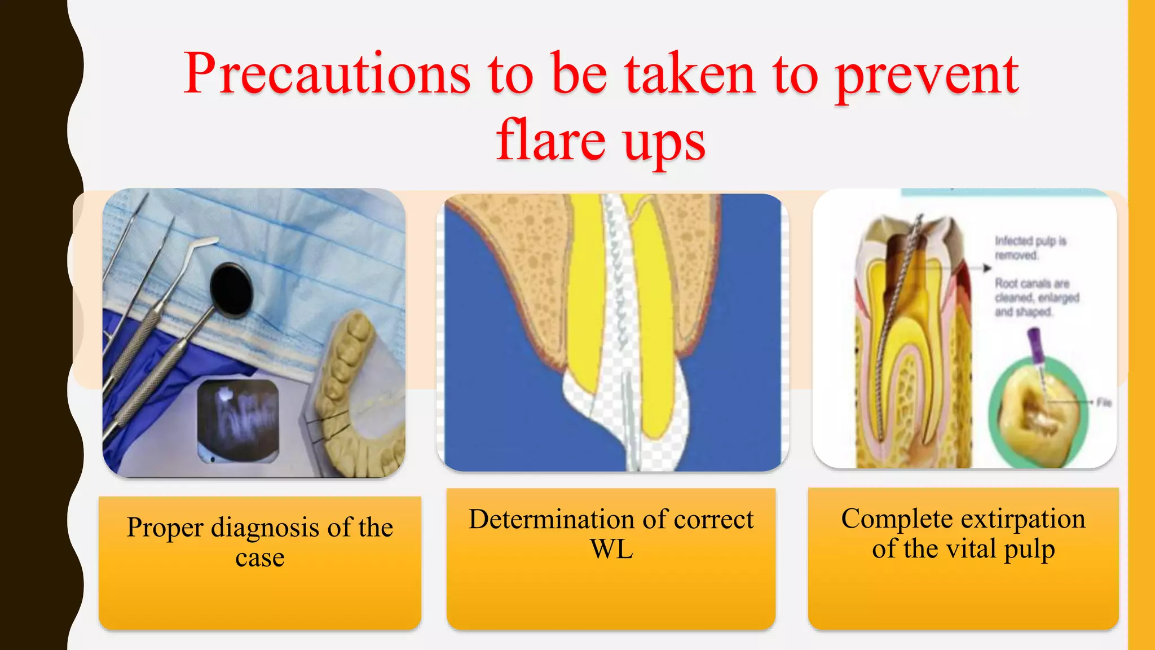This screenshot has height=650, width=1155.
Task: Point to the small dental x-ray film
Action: [239, 420]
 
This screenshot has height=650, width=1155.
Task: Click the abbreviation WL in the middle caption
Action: [611, 549]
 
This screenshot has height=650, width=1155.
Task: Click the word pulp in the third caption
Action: [1029, 549]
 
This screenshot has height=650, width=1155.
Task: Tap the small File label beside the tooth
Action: [1104, 402]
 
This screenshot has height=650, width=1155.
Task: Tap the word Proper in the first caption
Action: [165, 528]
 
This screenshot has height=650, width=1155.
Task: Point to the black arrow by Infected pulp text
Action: [986, 268]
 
